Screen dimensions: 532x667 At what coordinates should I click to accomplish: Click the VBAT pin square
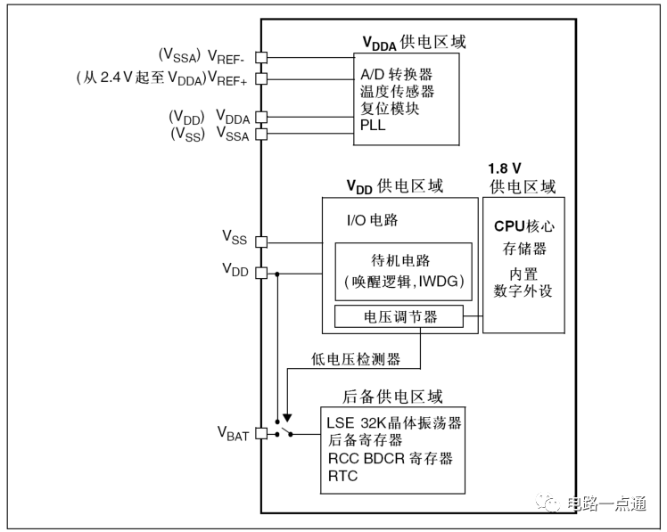pos(261,434)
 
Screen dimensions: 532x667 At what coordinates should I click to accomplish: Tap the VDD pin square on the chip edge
pos(261,272)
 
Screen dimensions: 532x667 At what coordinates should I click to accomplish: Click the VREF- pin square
pos(261,57)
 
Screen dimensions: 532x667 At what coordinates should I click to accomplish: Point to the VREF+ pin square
pos(261,78)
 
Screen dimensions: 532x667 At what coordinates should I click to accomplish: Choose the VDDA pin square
pos(261,117)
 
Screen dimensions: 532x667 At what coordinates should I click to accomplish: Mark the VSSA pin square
pos(261,135)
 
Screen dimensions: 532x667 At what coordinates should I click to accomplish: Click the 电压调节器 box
pos(399,316)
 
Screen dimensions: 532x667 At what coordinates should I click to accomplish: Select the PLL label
pos(372,126)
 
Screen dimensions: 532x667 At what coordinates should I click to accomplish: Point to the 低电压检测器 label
pos(356,359)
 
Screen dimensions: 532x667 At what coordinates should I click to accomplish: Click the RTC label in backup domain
pos(342,476)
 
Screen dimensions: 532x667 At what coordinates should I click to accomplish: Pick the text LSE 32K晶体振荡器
pos(393,422)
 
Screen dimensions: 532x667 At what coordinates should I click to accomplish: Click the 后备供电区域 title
pos(393,397)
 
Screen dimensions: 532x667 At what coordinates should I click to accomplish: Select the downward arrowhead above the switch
pos(287,415)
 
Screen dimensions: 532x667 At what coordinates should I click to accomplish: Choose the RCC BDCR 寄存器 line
pos(389,458)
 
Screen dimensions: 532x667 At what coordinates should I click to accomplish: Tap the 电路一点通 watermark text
pos(606,503)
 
